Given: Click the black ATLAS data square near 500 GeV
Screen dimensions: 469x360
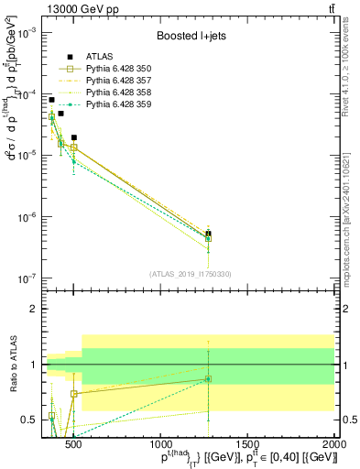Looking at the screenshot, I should click(73, 137).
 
